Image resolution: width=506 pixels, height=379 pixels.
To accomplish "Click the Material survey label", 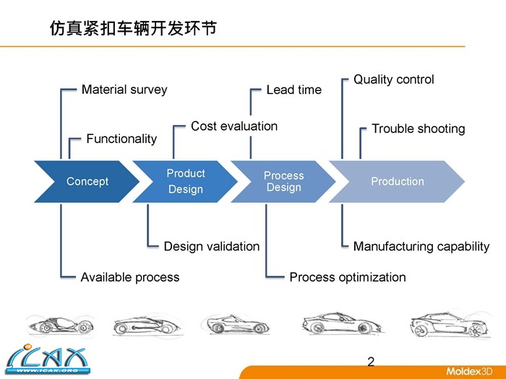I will click(x=124, y=90).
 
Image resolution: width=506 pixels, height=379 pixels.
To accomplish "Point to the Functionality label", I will click(x=121, y=139).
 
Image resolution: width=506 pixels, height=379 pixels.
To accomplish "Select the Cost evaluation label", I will click(x=234, y=126).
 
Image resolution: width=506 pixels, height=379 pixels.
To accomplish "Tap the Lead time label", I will click(x=294, y=90).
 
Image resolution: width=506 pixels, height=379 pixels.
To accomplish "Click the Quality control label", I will click(x=394, y=79).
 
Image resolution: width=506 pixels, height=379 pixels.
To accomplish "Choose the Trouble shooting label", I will click(x=418, y=128).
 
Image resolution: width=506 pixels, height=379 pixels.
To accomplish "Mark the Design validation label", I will click(x=212, y=246).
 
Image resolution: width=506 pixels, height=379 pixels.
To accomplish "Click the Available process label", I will click(x=130, y=277).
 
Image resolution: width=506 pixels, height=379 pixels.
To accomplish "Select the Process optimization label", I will click(x=348, y=277).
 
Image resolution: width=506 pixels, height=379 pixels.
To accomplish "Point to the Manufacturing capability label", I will click(x=421, y=246).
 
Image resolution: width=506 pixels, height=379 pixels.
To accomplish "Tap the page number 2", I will click(x=371, y=362).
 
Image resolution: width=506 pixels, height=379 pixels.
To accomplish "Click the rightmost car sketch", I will click(x=445, y=326).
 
